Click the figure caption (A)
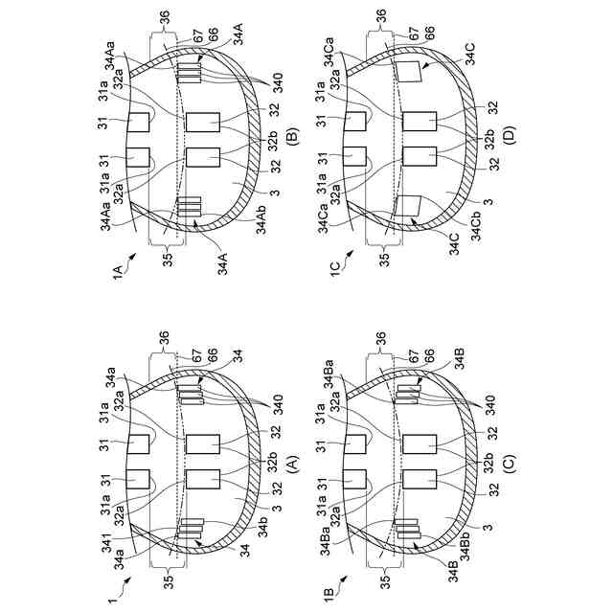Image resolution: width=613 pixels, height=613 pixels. (292, 462)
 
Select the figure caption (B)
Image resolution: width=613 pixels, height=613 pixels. (292, 137)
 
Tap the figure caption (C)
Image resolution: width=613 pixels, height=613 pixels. (510, 462)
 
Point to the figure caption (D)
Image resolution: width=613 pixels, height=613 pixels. (510, 135)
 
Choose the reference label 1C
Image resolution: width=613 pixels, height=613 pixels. (335, 270)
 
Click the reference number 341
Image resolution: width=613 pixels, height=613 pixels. (107, 544)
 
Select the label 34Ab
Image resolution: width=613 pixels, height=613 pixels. (261, 219)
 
